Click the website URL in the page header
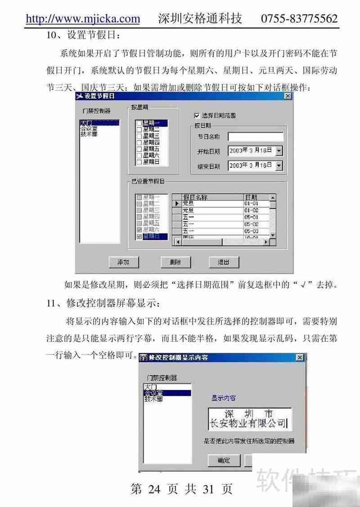click(83, 18)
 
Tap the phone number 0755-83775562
click(299, 18)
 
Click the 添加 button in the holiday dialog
click(123, 262)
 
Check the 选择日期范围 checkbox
click(196, 116)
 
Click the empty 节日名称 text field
click(255, 137)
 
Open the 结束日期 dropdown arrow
click(279, 166)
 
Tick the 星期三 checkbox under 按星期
click(139, 135)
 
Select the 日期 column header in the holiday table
click(251, 197)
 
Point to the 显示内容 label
click(224, 398)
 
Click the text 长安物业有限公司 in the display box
click(249, 423)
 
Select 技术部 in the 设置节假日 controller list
click(89, 134)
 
